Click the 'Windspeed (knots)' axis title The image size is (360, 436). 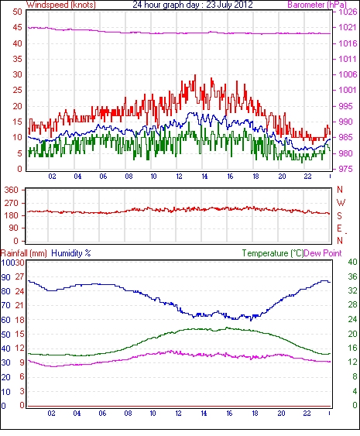pyautogui.click(x=61, y=5)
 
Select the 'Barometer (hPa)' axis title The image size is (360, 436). pyautogui.click(x=317, y=5)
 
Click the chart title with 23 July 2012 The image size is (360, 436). pyautogui.click(x=193, y=5)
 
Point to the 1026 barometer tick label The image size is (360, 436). pyautogui.click(x=348, y=12)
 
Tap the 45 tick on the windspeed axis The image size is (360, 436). pyautogui.click(x=17, y=28)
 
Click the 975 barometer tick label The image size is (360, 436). pyautogui.click(x=346, y=169)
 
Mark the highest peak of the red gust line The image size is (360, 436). pyautogui.click(x=195, y=75)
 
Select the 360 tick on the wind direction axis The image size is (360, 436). pyautogui.click(x=11, y=191)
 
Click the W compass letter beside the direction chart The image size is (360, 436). pyautogui.click(x=341, y=203)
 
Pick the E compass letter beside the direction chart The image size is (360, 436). pyautogui.click(x=339, y=228)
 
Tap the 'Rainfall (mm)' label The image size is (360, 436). pyautogui.click(x=24, y=253)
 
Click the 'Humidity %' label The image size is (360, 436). pyautogui.click(x=71, y=253)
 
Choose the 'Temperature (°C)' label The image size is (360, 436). pyautogui.click(x=273, y=253)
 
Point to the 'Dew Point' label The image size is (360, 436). pyautogui.click(x=323, y=253)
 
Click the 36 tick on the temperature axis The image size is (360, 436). pyautogui.click(x=352, y=276)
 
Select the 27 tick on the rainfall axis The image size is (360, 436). pyautogui.click(x=19, y=277)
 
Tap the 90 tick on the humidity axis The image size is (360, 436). pyautogui.click(x=5, y=277)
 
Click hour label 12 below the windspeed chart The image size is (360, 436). pyautogui.click(x=179, y=177)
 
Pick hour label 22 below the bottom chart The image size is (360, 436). pyautogui.click(x=307, y=414)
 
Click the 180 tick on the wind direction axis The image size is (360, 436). pyautogui.click(x=11, y=215)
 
